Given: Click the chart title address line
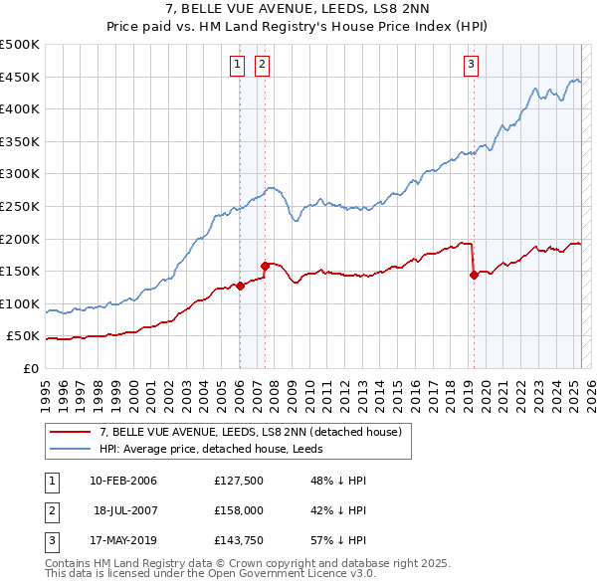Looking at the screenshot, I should coord(298,9).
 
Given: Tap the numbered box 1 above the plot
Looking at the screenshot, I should coord(239,66).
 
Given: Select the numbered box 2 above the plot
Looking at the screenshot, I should coord(262,66).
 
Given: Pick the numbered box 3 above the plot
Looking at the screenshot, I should coord(471,66).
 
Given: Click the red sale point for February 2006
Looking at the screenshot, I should coord(240,287).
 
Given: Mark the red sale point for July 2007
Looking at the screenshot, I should coord(265,266).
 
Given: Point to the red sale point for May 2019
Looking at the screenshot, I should coord(474,276).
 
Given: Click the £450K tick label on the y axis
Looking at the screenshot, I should coord(20,77).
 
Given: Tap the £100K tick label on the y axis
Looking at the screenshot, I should coord(20,303).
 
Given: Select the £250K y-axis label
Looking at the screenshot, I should coord(20,206).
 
